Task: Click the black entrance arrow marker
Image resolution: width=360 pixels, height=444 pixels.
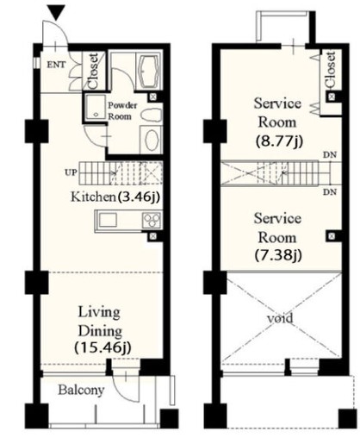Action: pyautogui.click(x=56, y=13)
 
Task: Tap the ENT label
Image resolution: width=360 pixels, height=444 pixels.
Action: pyautogui.click(x=56, y=65)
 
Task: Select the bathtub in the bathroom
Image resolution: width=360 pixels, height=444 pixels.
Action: pyautogui.click(x=149, y=71)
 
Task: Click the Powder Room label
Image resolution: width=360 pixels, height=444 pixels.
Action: pyautogui.click(x=121, y=111)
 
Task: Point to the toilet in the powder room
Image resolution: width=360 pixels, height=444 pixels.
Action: pyautogui.click(x=152, y=116)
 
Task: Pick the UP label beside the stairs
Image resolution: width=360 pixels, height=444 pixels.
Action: pyautogui.click(x=71, y=172)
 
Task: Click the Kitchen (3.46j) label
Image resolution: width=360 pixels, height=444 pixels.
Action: pyautogui.click(x=115, y=197)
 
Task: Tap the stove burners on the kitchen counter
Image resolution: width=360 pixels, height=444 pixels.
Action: pyautogui.click(x=152, y=220)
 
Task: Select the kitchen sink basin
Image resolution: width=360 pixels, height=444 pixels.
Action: pyautogui.click(x=108, y=220)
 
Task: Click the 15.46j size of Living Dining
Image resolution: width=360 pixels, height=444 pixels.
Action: pyautogui.click(x=102, y=347)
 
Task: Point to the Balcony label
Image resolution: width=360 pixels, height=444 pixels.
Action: pyautogui.click(x=81, y=391)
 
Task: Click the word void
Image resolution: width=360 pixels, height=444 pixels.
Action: pyautogui.click(x=280, y=318)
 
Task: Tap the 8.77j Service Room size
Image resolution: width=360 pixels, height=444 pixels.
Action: pyautogui.click(x=279, y=141)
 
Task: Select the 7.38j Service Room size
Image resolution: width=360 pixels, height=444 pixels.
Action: pyautogui.click(x=278, y=255)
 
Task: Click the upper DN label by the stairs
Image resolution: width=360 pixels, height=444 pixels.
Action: pyautogui.click(x=330, y=155)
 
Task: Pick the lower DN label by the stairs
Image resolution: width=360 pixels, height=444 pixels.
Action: pyautogui.click(x=330, y=192)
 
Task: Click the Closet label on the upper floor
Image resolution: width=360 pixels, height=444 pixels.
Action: pyautogui.click(x=331, y=70)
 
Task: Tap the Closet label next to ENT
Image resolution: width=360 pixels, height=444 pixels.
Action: pyautogui.click(x=94, y=71)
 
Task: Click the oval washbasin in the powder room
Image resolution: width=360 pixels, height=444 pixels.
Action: pyautogui.click(x=152, y=140)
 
